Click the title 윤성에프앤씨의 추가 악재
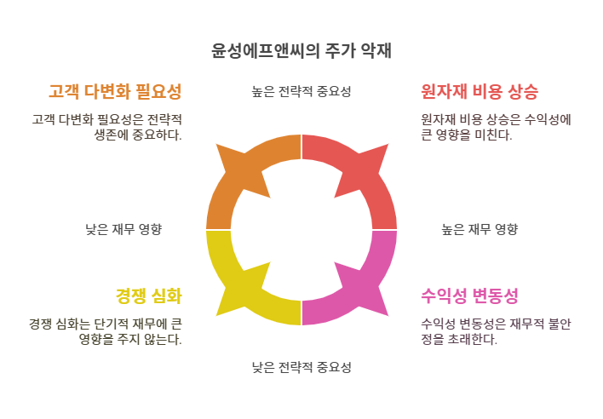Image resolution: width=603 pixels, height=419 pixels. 301,50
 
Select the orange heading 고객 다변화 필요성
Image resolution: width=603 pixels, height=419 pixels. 115,91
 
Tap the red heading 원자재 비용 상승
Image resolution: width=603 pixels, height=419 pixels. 480,91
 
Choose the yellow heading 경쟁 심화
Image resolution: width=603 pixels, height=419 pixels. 148,296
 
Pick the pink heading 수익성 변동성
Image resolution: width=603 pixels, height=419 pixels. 469,296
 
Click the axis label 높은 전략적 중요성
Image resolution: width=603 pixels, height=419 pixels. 301,91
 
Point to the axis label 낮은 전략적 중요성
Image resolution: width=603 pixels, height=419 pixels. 301,368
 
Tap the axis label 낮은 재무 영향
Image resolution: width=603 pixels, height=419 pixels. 123,229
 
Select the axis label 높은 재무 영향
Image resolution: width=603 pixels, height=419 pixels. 480,229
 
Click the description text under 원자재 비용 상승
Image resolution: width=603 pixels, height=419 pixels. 496,127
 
